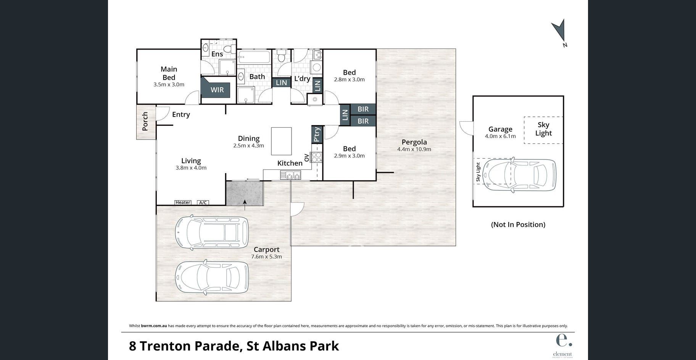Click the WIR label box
point(217,90)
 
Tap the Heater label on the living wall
point(183,202)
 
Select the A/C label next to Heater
point(203,202)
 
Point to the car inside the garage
point(519,175)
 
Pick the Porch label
point(145,121)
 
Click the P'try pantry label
point(317,135)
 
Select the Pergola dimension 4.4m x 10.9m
point(414,149)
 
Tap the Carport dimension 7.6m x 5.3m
point(266,257)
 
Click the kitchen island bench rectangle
point(281,141)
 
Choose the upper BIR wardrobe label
point(363,109)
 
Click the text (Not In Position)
point(518,225)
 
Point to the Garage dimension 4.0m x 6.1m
point(500,136)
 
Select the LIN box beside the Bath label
point(281,83)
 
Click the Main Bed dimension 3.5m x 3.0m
point(169,85)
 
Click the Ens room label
point(217,54)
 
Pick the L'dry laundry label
point(302,79)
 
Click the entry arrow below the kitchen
point(245,205)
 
